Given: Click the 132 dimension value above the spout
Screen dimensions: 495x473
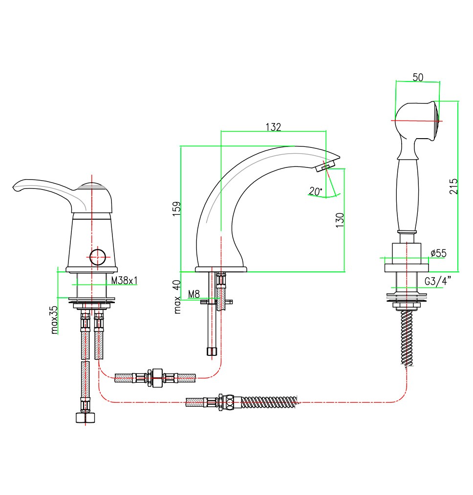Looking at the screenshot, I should click(x=273, y=127).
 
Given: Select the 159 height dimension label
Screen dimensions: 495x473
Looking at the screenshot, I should click(x=177, y=208).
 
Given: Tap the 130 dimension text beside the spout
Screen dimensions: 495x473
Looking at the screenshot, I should click(x=341, y=218).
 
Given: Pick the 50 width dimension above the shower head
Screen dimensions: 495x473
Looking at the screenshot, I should click(x=418, y=77).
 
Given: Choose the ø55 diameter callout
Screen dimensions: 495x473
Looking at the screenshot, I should click(x=438, y=253).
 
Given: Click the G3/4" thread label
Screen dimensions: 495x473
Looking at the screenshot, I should click(x=438, y=281).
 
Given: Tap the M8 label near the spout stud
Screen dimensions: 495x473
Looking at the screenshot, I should click(x=194, y=294).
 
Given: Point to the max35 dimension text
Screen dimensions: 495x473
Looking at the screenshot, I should click(x=54, y=320).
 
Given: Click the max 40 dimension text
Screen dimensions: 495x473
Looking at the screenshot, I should click(x=177, y=296).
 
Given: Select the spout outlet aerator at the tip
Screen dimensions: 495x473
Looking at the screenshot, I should click(x=324, y=166).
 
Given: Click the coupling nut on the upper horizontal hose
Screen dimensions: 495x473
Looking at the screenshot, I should click(x=157, y=377).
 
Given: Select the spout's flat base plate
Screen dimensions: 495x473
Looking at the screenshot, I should click(x=221, y=269).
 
